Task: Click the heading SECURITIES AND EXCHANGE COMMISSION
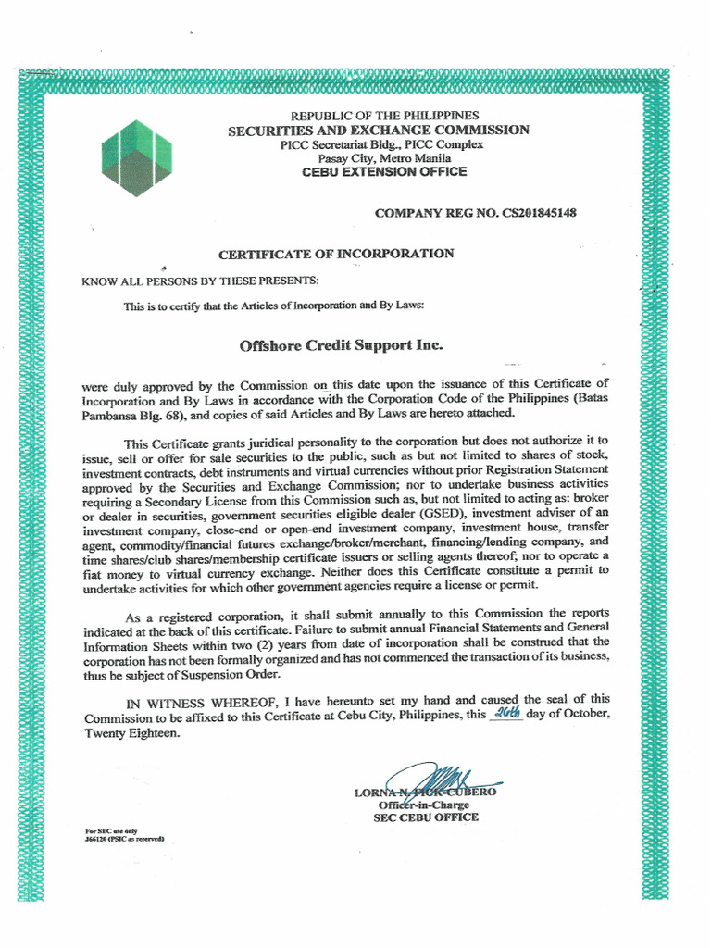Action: pos(379,130)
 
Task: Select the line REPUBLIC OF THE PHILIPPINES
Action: pos(385,115)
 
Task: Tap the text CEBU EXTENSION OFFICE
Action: pos(384,172)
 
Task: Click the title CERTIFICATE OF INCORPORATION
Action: pos(336,254)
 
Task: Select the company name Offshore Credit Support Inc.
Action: pos(342,345)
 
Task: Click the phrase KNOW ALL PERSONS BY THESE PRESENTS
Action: pos(200,281)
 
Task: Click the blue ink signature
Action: pos(435,780)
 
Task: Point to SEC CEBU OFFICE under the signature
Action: pos(426,817)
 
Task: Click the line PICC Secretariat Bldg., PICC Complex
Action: pos(382,144)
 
